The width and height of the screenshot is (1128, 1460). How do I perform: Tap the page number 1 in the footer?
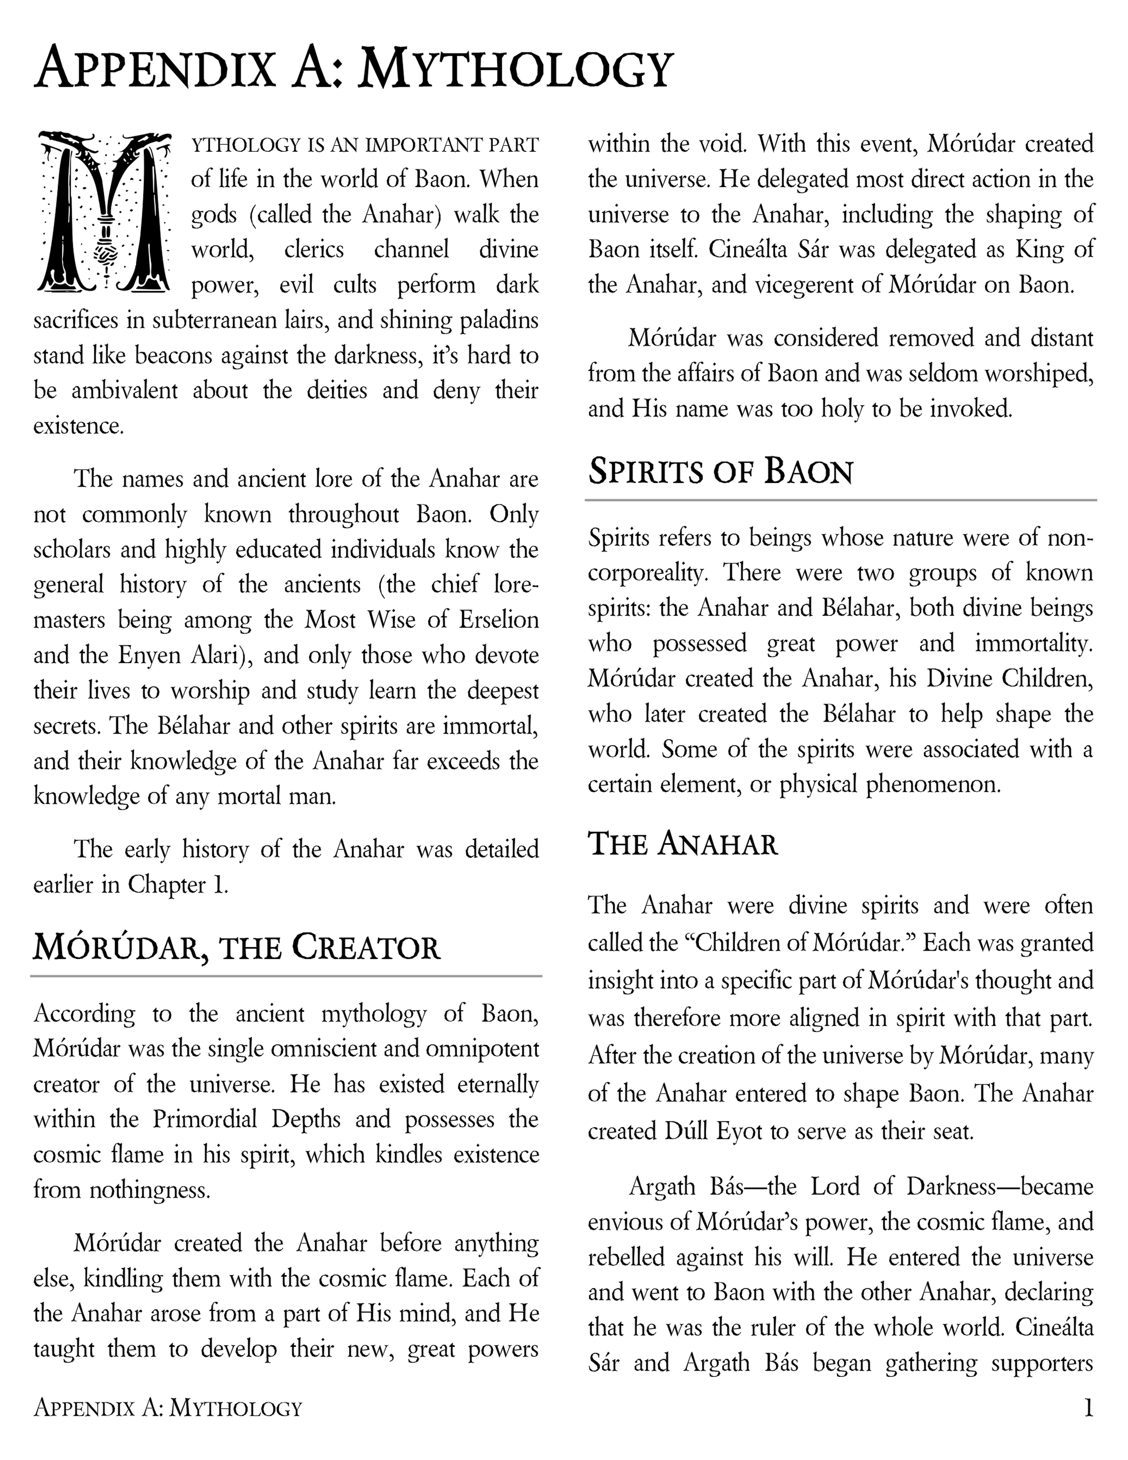(1088, 1409)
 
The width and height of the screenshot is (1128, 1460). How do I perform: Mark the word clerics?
(314, 250)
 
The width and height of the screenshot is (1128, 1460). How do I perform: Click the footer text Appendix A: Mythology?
(168, 1409)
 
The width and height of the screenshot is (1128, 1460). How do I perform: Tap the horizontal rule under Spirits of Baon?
(840, 499)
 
